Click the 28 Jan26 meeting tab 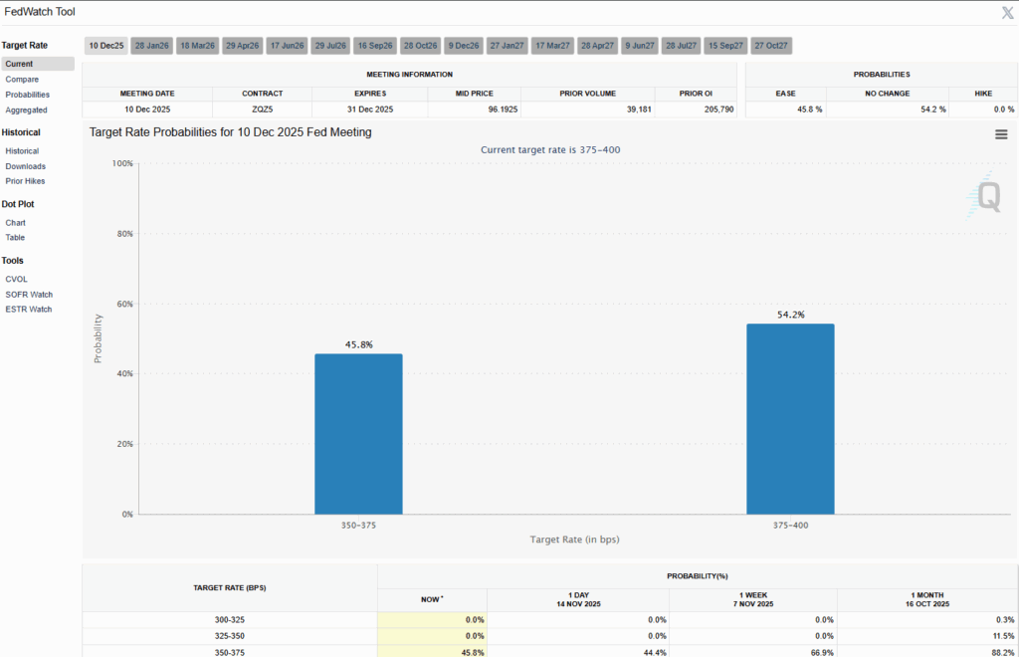tap(152, 46)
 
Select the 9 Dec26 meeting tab tap(463, 46)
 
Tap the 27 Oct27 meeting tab tap(771, 46)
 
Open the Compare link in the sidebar tap(22, 79)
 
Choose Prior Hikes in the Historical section tap(25, 181)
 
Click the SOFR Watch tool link tap(29, 295)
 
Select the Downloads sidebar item tap(26, 166)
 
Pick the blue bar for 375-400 tap(790, 419)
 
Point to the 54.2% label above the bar tap(790, 315)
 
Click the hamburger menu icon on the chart tap(1001, 134)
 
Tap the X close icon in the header tap(1007, 12)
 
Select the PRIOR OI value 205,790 tap(715, 109)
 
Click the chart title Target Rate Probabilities tap(230, 131)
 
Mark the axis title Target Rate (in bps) tap(574, 539)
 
